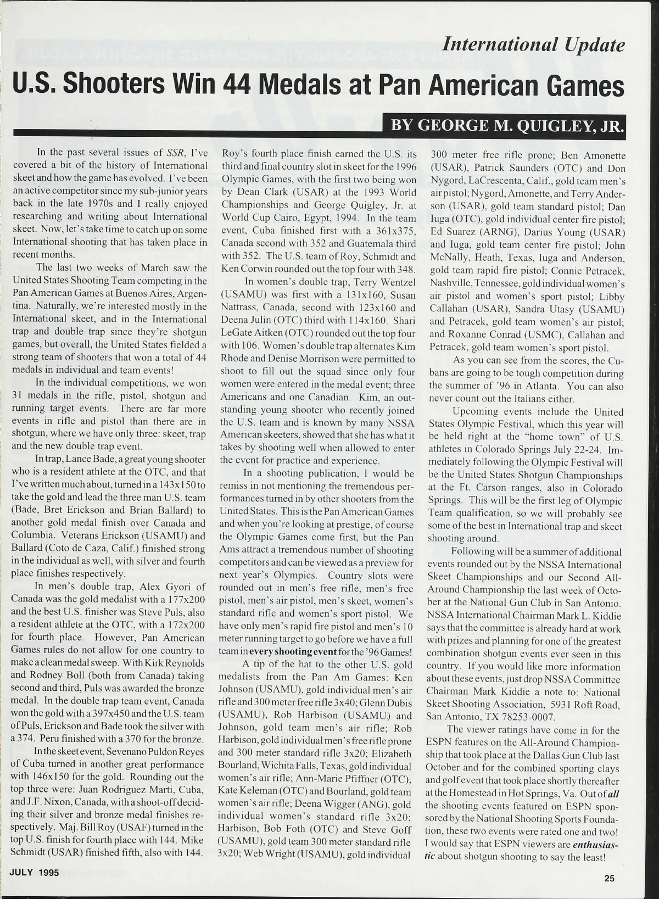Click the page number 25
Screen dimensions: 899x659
609,878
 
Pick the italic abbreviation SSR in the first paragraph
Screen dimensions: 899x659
176,152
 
